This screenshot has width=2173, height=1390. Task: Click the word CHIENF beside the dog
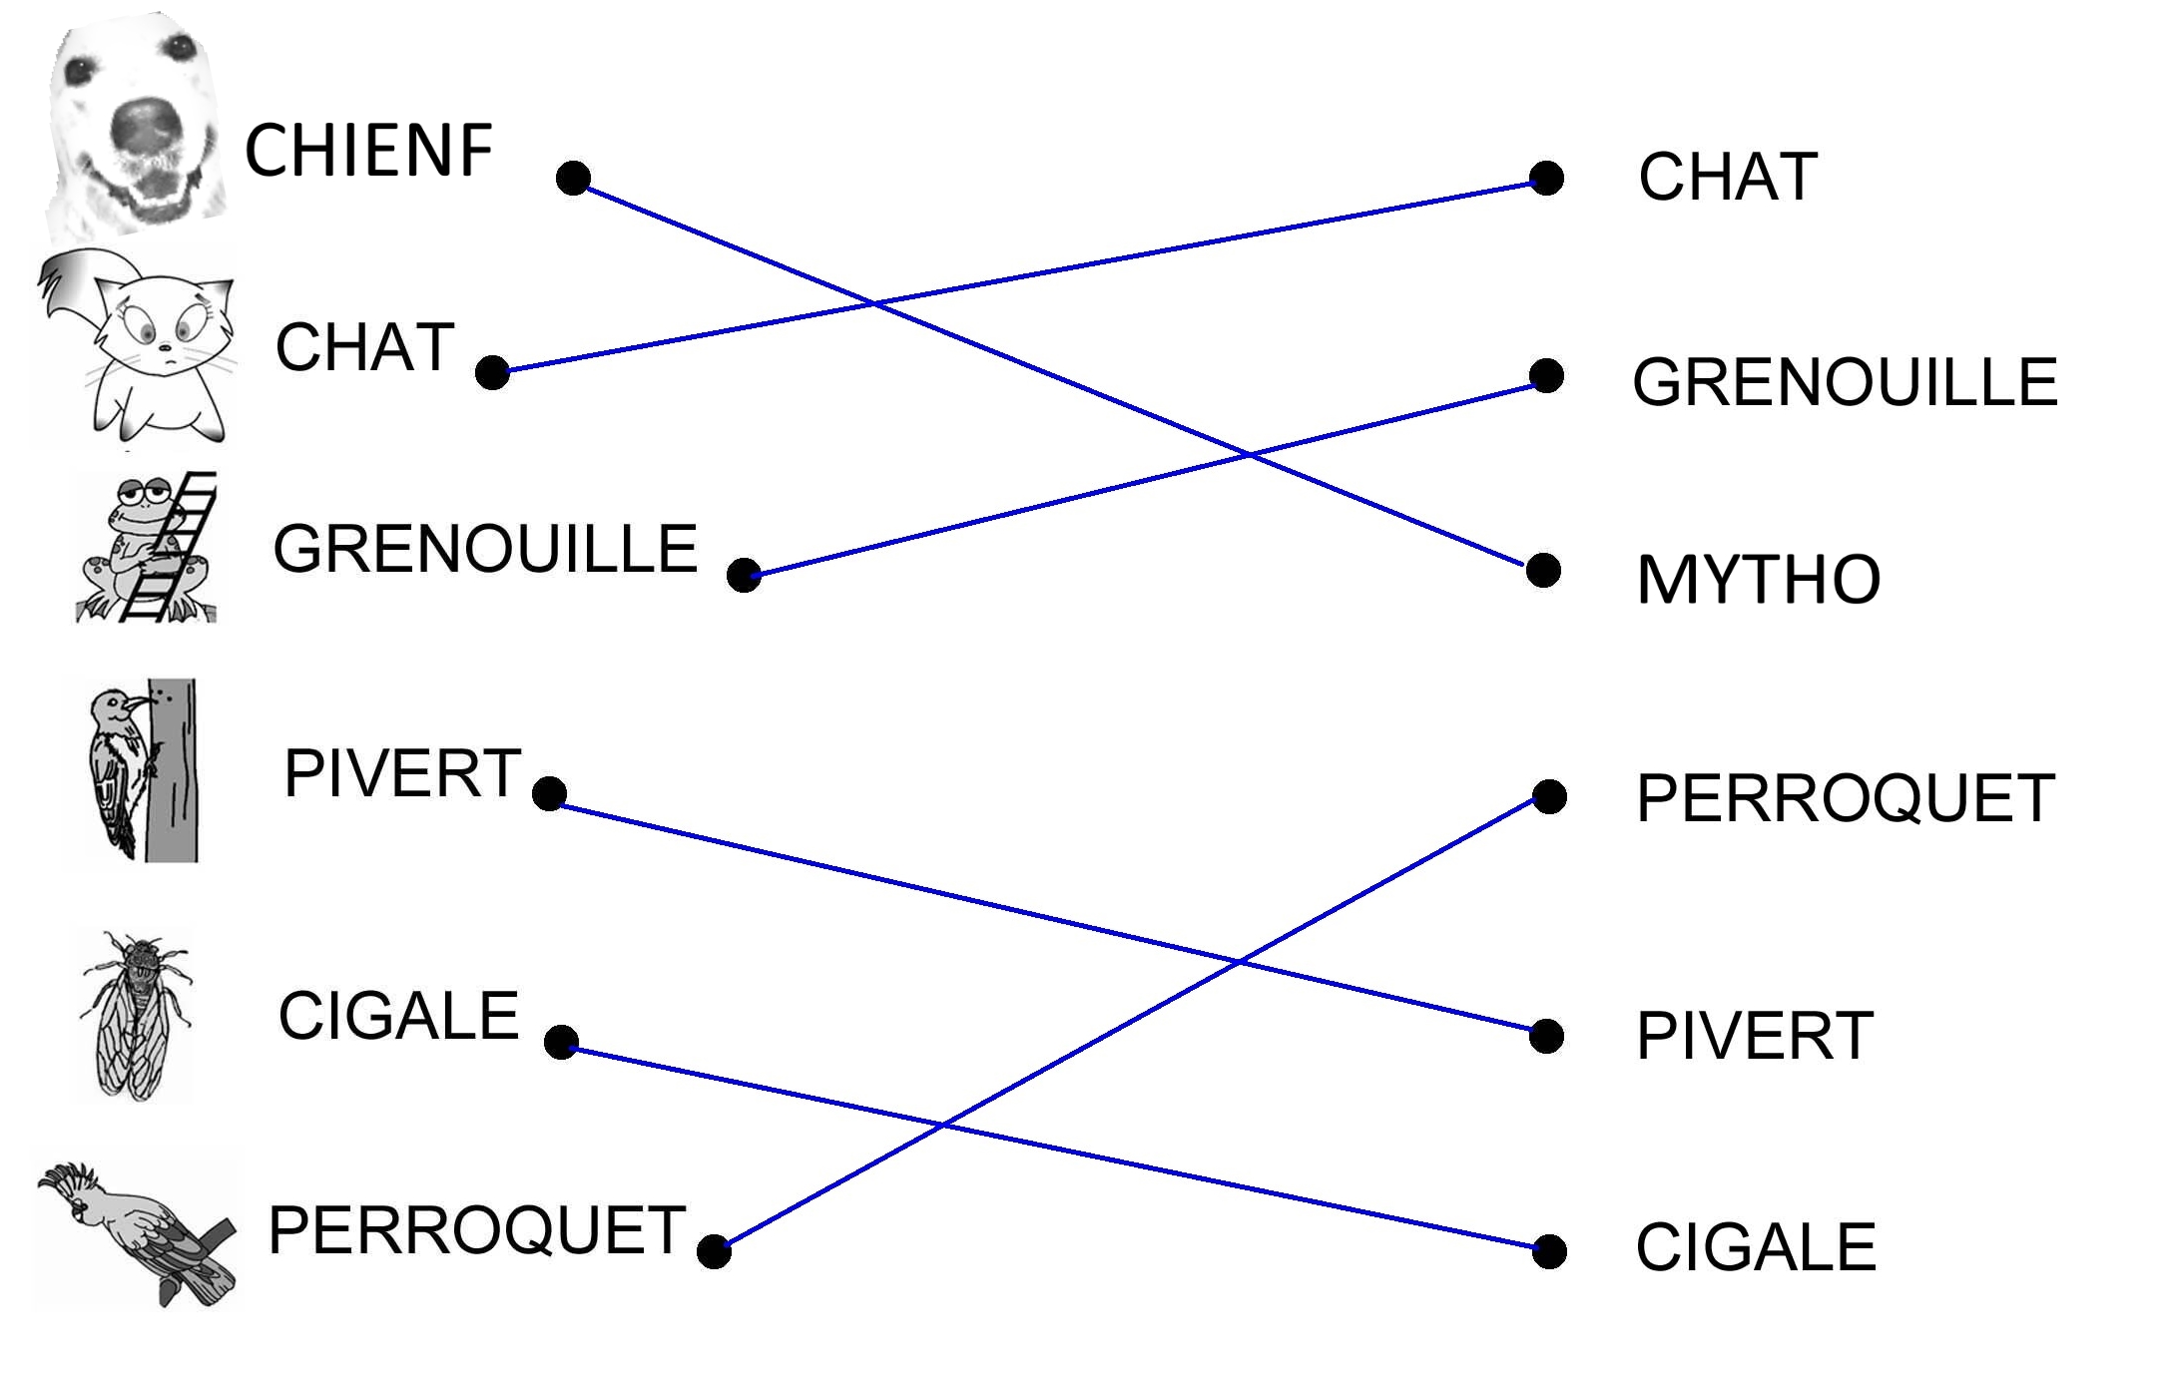(368, 151)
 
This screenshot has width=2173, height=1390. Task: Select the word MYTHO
(1758, 580)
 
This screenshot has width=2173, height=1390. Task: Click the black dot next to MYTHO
(1543, 571)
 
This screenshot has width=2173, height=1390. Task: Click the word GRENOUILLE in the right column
(1845, 382)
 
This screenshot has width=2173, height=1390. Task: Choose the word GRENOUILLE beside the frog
(485, 549)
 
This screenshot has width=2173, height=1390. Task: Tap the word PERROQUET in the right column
(1845, 798)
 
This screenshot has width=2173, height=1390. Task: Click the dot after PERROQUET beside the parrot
(714, 1250)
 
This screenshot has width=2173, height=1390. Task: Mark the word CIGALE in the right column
(1756, 1247)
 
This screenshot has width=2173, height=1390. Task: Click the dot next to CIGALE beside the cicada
(561, 1042)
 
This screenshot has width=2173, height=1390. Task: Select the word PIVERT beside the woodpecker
(402, 773)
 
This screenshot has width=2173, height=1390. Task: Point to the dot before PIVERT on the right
(1546, 1036)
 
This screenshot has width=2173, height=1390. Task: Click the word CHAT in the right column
(1728, 178)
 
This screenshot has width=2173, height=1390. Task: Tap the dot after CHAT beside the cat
(492, 372)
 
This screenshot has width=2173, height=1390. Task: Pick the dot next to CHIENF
(573, 178)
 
